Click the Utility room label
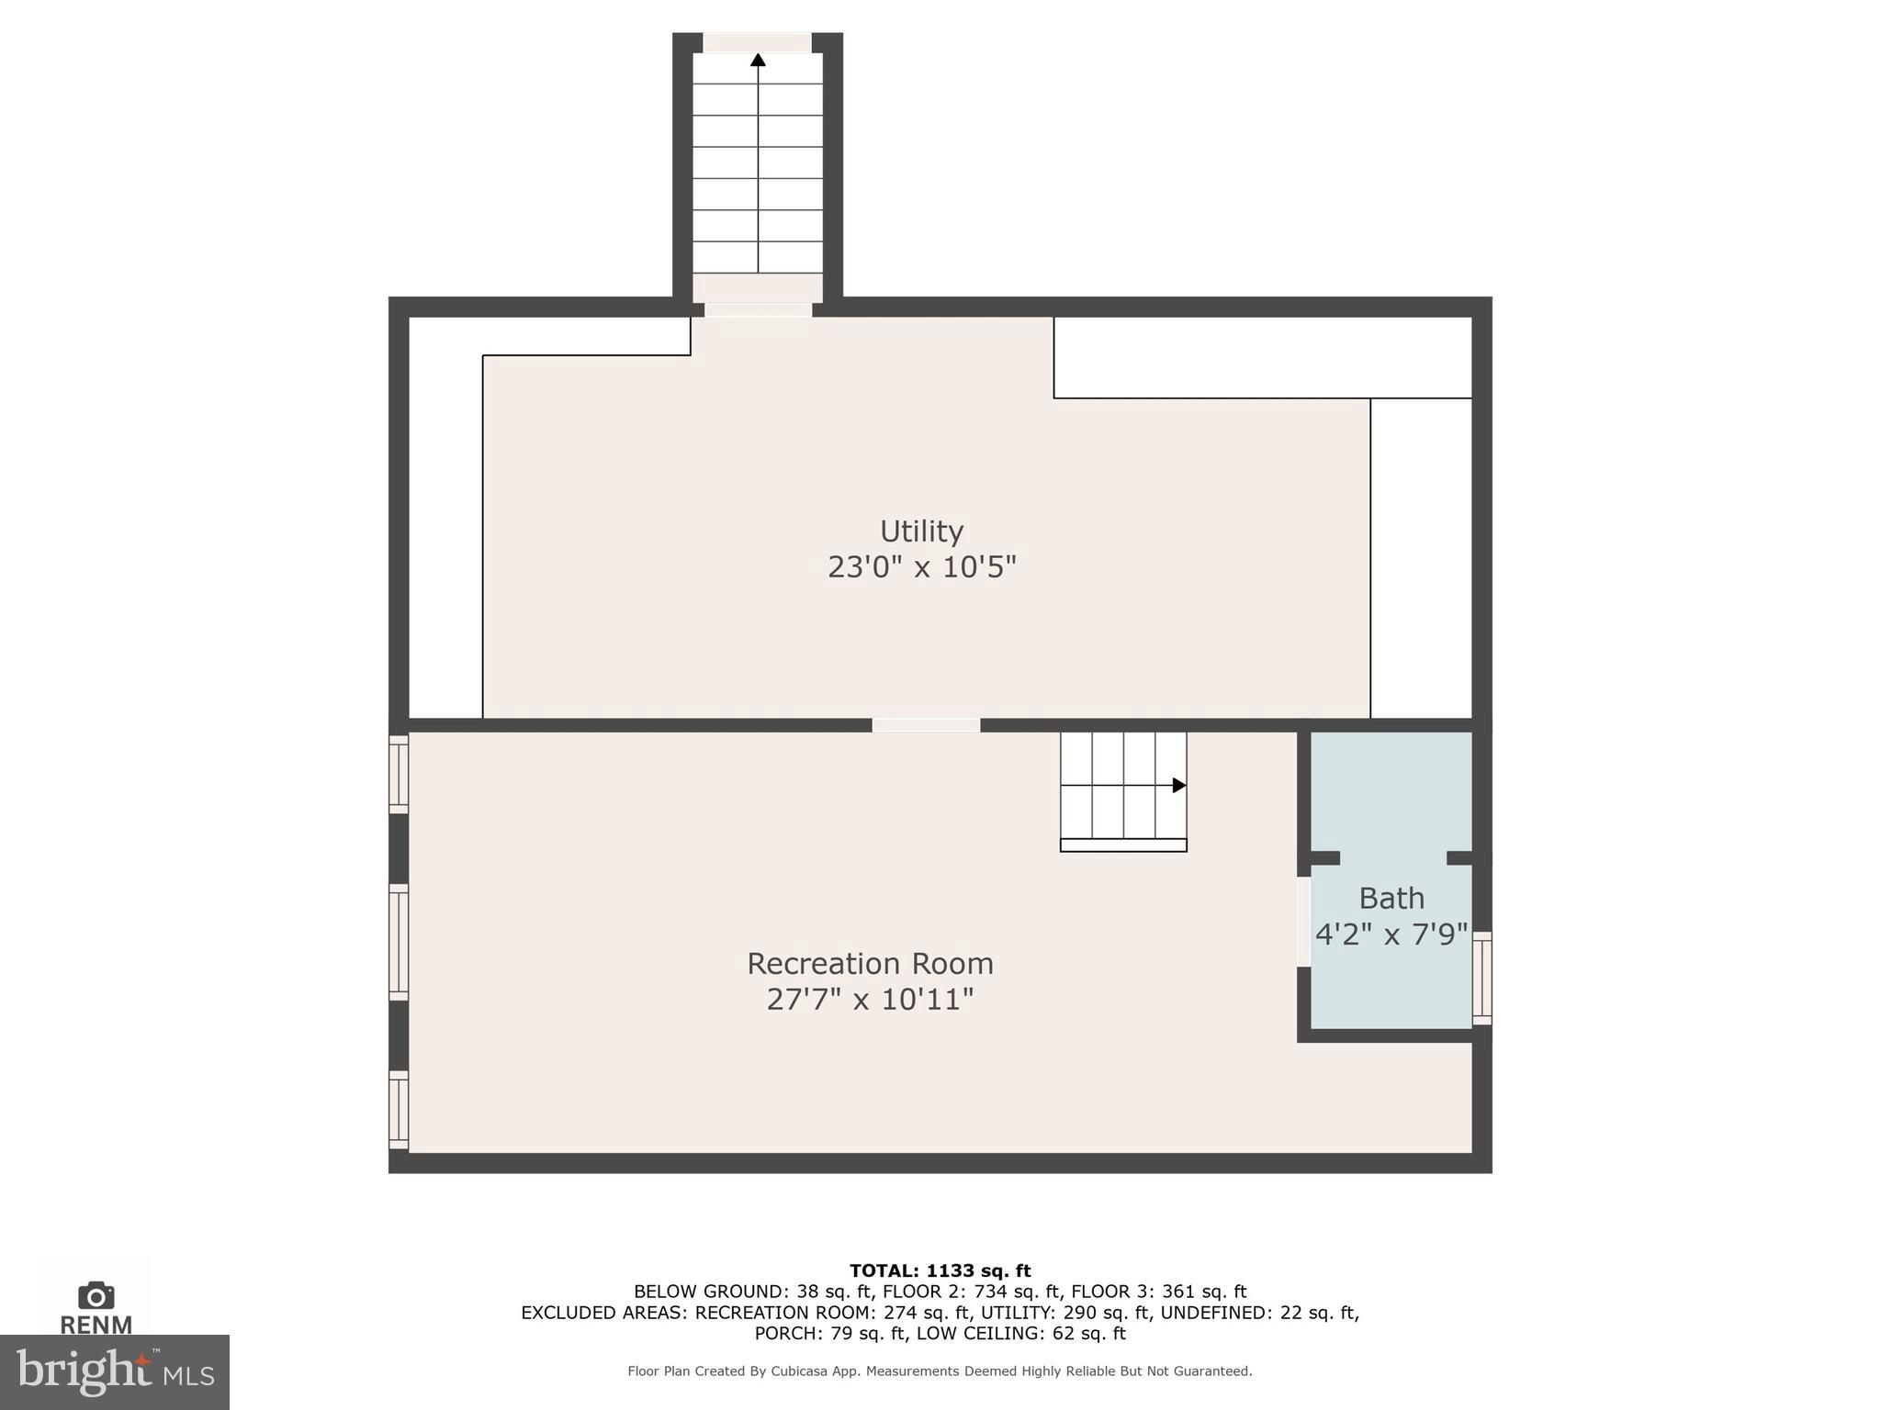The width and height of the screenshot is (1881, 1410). (921, 532)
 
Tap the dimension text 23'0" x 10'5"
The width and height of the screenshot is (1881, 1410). (921, 567)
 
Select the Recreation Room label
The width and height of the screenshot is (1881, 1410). (870, 964)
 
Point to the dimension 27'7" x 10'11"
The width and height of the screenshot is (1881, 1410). (870, 999)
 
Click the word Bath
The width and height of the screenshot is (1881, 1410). (1391, 898)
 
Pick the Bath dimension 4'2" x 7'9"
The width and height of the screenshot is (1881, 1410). (1391, 934)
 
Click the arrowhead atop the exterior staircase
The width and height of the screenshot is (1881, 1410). (758, 61)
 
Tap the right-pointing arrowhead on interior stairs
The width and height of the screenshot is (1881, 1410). (1179, 785)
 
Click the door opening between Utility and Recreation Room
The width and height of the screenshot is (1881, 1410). (926, 725)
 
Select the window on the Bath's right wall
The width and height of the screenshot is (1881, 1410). (1481, 978)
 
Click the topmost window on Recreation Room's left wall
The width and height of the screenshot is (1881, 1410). (399, 774)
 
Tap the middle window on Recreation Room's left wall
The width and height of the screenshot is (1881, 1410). (399, 942)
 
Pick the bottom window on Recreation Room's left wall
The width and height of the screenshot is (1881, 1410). (399, 1109)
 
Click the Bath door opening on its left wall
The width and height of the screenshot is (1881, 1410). (1303, 921)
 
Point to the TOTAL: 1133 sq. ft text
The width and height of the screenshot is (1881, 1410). (940, 1270)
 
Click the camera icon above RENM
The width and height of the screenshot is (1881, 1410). (96, 1295)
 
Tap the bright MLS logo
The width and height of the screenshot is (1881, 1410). (114, 1371)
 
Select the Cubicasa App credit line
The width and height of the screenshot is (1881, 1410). (940, 1371)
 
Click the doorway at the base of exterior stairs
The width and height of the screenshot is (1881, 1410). (758, 309)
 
